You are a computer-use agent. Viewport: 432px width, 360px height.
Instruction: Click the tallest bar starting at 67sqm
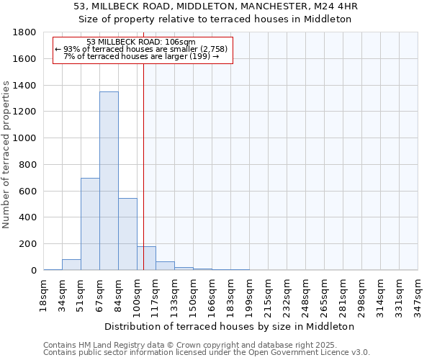point(109,181)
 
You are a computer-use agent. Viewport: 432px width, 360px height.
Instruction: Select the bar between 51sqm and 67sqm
point(90,224)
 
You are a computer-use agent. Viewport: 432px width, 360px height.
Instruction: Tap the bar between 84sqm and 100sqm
point(127,234)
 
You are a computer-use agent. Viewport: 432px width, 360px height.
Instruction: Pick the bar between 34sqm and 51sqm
point(71,264)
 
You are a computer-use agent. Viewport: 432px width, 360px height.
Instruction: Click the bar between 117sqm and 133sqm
point(165,266)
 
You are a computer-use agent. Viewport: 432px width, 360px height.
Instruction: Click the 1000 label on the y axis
point(26,138)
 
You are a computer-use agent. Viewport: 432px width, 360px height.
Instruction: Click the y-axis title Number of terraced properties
point(7,155)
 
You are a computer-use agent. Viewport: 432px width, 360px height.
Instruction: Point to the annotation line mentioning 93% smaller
point(141,49)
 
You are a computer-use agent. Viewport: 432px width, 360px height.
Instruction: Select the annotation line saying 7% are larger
point(141,56)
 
